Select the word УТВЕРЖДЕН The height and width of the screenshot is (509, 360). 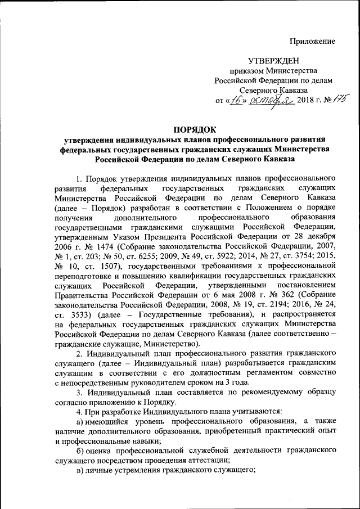pos(273,61)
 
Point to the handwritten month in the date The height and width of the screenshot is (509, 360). pos(264,100)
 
